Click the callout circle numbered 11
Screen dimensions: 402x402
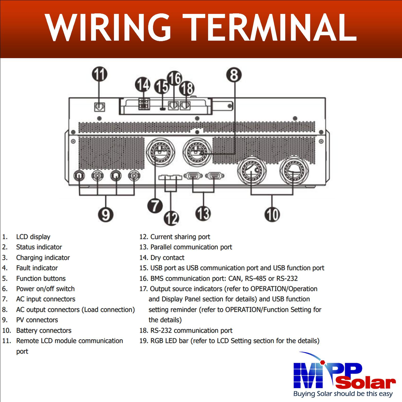pos(100,75)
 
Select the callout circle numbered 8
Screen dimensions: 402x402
pos(234,75)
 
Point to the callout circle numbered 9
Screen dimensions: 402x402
pos(106,214)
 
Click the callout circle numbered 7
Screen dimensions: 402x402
pos(155,206)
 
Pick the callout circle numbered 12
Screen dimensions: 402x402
pos(171,218)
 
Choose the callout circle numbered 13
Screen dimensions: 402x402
pos(204,214)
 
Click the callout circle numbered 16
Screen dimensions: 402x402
pos(174,78)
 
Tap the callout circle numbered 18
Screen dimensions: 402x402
pos(187,88)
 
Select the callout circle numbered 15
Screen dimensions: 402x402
pos(161,88)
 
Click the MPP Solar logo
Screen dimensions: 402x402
pos(344,374)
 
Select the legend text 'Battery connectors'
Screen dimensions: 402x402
pos(44,330)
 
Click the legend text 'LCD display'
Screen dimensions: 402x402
pos(33,237)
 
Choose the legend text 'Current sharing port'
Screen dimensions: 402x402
pos(180,237)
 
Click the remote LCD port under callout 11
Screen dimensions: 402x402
pos(100,107)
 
